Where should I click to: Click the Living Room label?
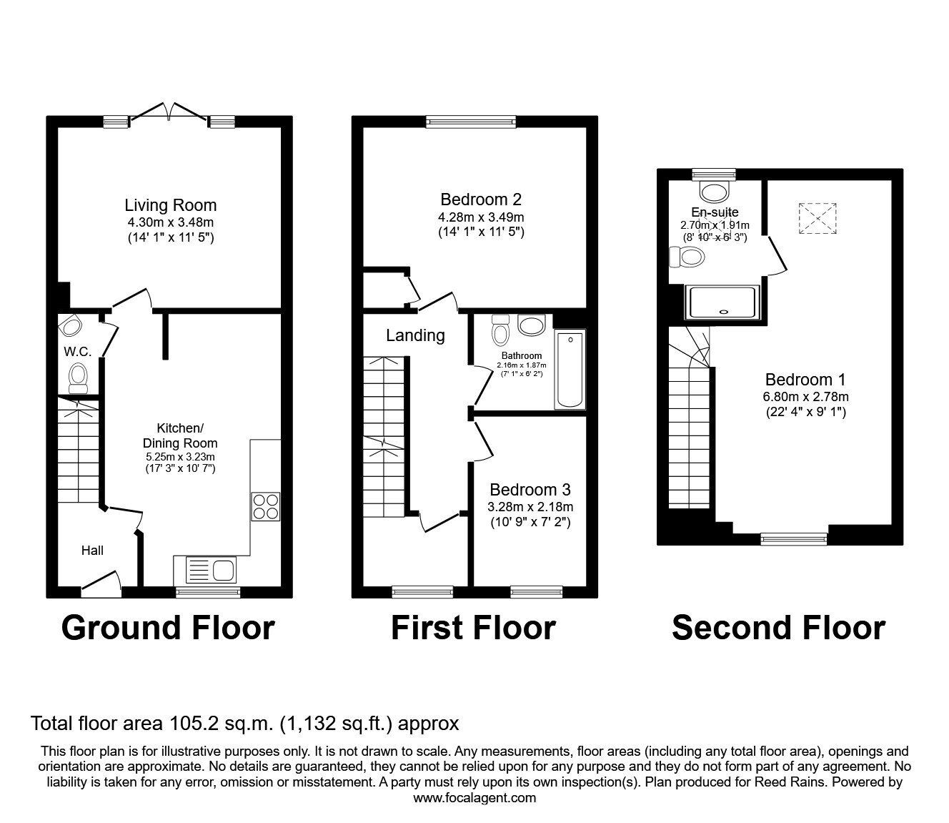(170, 206)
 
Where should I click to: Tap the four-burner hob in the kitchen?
(266, 507)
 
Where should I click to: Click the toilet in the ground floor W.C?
(78, 375)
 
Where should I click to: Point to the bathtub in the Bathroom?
(570, 370)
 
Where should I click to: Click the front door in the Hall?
(100, 583)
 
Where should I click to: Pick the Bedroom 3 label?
(530, 490)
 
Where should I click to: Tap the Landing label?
(415, 335)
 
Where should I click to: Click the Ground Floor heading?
(168, 628)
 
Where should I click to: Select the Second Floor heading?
(778, 628)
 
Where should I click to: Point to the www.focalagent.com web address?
(474, 798)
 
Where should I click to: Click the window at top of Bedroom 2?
(471, 123)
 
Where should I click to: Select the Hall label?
(92, 550)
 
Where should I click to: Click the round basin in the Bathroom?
(531, 325)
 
